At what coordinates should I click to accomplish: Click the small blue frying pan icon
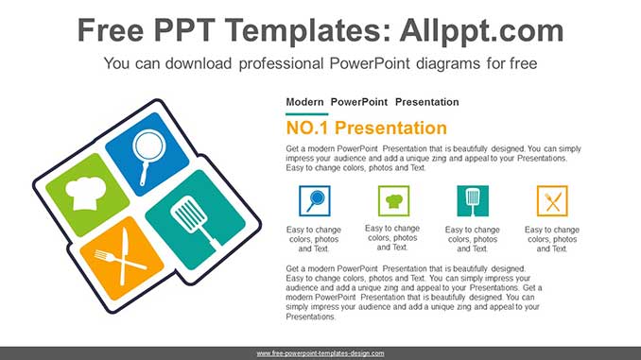314,200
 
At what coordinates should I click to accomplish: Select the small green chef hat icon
393,200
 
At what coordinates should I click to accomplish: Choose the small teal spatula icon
473,200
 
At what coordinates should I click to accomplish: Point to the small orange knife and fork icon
552,200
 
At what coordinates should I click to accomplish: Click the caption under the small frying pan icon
314,239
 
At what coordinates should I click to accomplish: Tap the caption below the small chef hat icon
393,238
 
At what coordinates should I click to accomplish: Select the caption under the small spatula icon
473,239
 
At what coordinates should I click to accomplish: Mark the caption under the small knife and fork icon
552,239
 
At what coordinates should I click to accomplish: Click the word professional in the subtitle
282,63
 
